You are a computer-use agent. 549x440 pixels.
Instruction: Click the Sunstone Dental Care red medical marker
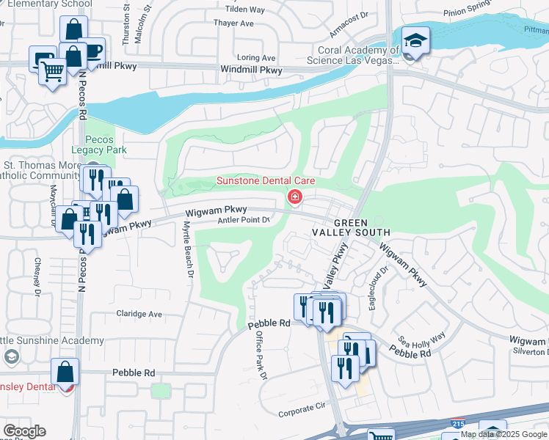295,197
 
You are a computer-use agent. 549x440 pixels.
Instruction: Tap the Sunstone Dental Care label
266,181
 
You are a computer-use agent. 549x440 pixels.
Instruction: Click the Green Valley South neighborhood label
360,227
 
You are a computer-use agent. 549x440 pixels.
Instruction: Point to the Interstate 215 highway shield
458,423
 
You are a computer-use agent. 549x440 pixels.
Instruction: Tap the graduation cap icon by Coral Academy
415,41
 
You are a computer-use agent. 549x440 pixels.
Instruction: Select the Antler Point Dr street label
245,219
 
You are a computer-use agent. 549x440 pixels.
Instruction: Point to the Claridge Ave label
139,314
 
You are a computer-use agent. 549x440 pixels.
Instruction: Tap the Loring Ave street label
257,58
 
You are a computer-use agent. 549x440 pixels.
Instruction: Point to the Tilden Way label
244,10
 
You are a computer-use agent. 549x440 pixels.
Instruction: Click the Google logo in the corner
23,431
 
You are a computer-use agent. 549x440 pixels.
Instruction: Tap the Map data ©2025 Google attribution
504,434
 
